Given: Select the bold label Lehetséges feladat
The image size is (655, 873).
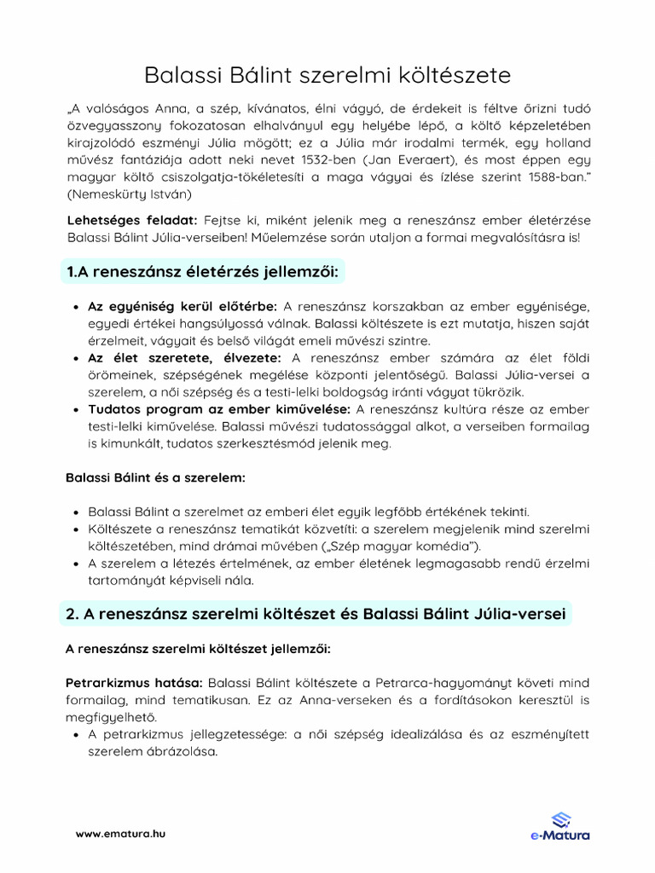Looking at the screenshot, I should (x=132, y=221).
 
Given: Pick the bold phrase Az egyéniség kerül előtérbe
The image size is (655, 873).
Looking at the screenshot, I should (x=183, y=306).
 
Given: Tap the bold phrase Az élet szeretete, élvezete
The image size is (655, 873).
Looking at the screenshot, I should (x=186, y=357).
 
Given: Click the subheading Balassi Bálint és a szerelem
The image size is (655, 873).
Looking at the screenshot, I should (x=155, y=477).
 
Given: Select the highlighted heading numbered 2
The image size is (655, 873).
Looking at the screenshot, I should (x=316, y=613).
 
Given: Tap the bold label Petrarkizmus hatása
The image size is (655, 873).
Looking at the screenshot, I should (x=133, y=684).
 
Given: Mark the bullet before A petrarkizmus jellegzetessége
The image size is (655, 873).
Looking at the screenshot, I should (x=78, y=735).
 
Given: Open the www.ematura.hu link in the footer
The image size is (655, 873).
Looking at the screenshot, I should (x=120, y=833).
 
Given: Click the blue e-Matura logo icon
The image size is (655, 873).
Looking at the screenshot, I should (x=560, y=819).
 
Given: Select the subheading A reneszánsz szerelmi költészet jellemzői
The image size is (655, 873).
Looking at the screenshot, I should (x=198, y=649).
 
